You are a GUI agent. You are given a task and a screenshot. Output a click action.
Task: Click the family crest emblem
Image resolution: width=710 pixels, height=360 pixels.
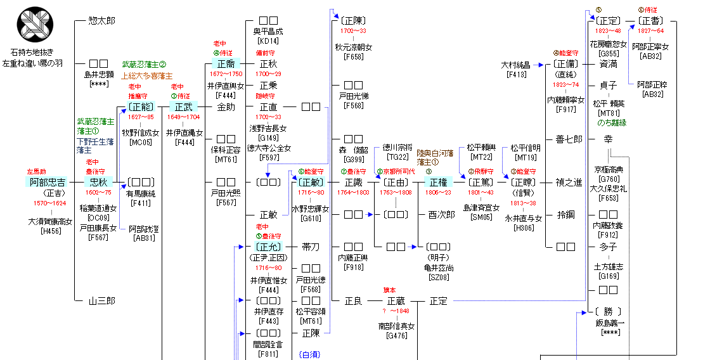(36, 25)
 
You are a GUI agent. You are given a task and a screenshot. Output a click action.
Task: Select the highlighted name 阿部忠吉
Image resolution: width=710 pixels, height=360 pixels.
(48, 183)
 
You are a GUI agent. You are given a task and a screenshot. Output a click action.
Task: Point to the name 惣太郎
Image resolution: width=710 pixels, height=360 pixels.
(101, 21)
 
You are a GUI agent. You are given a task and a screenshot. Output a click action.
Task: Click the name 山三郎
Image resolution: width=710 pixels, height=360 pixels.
(101, 302)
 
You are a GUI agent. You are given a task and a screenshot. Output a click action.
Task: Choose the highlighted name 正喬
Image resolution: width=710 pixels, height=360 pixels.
(226, 64)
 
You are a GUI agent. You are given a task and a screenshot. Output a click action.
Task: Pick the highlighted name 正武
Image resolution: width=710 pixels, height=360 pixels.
(184, 106)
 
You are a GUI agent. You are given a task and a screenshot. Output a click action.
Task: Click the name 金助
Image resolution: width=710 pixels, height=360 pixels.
(226, 106)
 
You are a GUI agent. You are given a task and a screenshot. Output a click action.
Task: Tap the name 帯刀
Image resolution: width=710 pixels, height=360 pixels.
(311, 247)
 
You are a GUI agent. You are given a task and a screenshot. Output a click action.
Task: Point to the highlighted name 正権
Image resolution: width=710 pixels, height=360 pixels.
(438, 183)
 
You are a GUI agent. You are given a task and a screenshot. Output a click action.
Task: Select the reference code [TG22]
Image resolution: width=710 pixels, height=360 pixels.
(396, 157)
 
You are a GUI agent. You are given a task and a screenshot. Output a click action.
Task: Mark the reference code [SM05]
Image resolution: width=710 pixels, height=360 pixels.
(481, 217)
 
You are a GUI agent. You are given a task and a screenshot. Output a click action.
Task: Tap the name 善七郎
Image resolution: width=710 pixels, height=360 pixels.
(568, 139)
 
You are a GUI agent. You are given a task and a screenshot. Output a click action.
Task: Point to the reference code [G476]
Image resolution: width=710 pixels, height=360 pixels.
(396, 336)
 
